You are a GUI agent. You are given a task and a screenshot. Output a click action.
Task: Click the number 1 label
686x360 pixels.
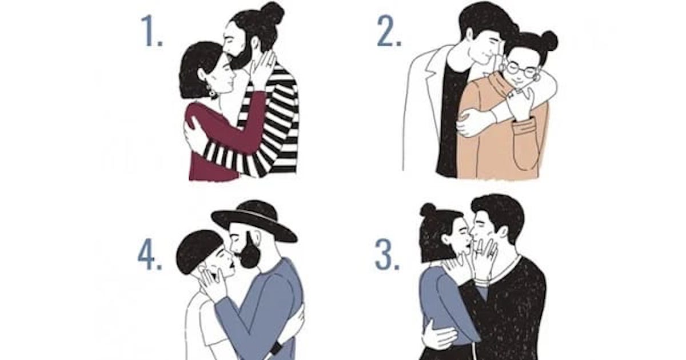click(x=151, y=31)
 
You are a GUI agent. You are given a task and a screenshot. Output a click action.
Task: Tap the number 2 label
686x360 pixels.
click(x=389, y=31)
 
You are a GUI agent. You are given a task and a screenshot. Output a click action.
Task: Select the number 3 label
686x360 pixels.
click(x=388, y=255)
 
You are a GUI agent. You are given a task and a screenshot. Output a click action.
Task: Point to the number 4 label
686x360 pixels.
click(x=149, y=255)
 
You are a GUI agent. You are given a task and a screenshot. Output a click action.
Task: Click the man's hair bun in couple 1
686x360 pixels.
click(x=273, y=12)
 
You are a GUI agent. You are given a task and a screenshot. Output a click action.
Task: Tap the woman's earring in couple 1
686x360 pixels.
click(x=212, y=91)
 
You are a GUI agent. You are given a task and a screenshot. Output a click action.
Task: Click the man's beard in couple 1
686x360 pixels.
click(x=242, y=58)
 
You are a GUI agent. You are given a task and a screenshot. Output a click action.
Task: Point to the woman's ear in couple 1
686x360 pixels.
click(x=202, y=75)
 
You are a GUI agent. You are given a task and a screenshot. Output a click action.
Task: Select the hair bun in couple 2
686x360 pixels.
click(x=549, y=41)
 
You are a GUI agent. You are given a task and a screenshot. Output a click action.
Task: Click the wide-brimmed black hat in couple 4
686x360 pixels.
click(x=254, y=221)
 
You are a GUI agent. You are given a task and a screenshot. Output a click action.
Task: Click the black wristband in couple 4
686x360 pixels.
click(x=276, y=348)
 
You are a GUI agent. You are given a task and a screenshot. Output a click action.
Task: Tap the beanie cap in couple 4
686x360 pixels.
click(x=198, y=251)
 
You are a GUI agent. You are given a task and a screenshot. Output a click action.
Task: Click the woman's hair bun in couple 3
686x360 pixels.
click(x=428, y=210)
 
